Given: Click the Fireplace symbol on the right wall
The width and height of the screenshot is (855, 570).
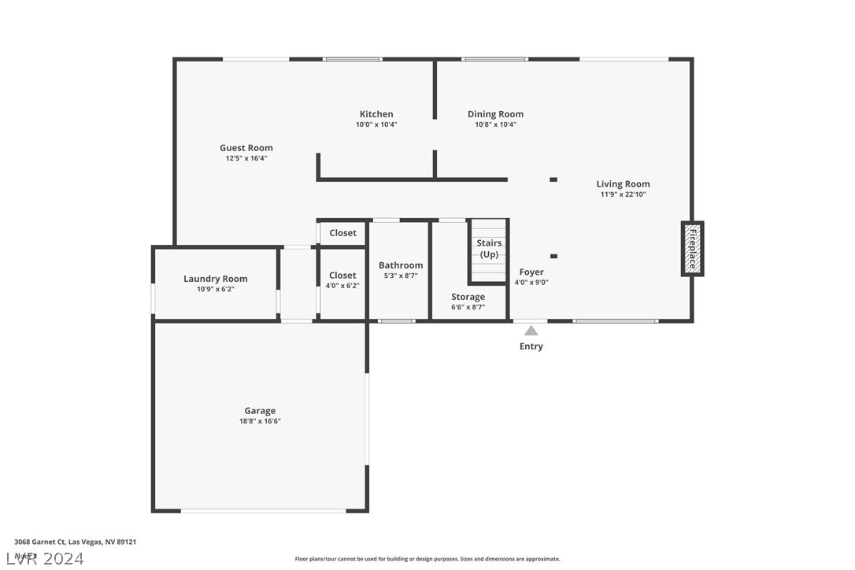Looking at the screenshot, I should click(x=692, y=249).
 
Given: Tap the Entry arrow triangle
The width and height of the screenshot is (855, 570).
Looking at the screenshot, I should click(x=531, y=331).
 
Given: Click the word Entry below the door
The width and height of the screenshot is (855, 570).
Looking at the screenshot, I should click(x=531, y=346).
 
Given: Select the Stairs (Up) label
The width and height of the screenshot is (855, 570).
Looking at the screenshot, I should click(x=489, y=249).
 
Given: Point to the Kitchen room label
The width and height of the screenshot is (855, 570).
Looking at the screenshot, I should click(x=376, y=114).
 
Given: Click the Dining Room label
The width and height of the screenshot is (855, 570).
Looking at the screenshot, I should click(x=495, y=114).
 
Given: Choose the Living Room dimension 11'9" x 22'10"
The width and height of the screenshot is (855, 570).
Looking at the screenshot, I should click(x=623, y=194).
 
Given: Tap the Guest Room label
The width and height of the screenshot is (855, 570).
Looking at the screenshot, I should click(x=246, y=148).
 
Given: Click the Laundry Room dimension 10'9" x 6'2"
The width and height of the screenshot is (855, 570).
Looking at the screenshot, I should click(x=216, y=289).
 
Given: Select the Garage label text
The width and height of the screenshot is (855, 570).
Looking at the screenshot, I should click(x=260, y=411).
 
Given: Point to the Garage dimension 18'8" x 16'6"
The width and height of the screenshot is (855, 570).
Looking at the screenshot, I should click(x=260, y=421).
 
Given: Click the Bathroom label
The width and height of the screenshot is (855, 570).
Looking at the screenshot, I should click(x=401, y=265).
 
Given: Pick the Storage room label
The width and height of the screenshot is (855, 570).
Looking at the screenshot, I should click(x=468, y=297).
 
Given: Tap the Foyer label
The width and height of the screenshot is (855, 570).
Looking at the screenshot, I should click(x=531, y=272).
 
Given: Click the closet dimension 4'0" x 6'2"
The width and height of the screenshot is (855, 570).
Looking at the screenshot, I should click(x=342, y=286).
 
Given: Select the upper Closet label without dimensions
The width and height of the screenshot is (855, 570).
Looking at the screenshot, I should click(x=342, y=233).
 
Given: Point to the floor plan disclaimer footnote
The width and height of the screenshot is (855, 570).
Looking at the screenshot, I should click(x=427, y=559).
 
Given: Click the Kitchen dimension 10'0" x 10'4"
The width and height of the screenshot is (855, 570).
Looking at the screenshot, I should click(x=376, y=124).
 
